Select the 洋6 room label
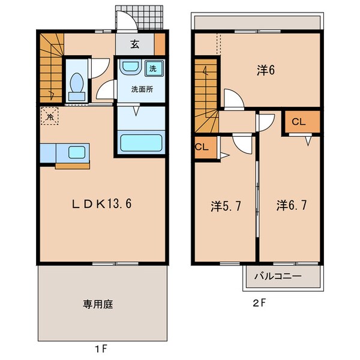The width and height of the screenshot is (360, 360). pos(266,70)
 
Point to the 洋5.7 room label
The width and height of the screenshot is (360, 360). pos(226,206)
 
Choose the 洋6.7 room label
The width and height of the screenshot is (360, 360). pos(292,206)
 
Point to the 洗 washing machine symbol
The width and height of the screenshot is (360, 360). pos(152,68)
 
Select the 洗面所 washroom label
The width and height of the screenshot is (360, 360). pos(141,90)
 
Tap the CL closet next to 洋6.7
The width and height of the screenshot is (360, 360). pos(299,122)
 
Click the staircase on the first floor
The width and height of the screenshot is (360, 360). pos(51,66)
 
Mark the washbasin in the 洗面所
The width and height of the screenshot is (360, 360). pos(128,68)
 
